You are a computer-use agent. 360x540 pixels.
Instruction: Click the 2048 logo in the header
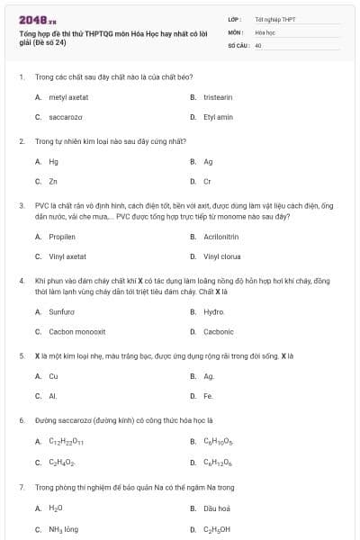37,18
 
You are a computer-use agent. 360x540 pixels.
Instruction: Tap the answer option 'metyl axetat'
68,96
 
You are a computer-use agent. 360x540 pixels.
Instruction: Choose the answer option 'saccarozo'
65,117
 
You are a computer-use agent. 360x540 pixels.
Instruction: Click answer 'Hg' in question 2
53,161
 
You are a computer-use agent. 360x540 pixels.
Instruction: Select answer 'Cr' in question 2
207,182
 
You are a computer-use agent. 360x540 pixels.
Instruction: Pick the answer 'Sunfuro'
61,311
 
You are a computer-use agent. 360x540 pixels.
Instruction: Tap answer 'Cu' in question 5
53,375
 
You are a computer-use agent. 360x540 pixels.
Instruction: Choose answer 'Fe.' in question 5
208,396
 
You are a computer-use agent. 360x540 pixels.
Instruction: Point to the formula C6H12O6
217,462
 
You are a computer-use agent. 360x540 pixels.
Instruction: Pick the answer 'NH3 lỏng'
64,529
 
